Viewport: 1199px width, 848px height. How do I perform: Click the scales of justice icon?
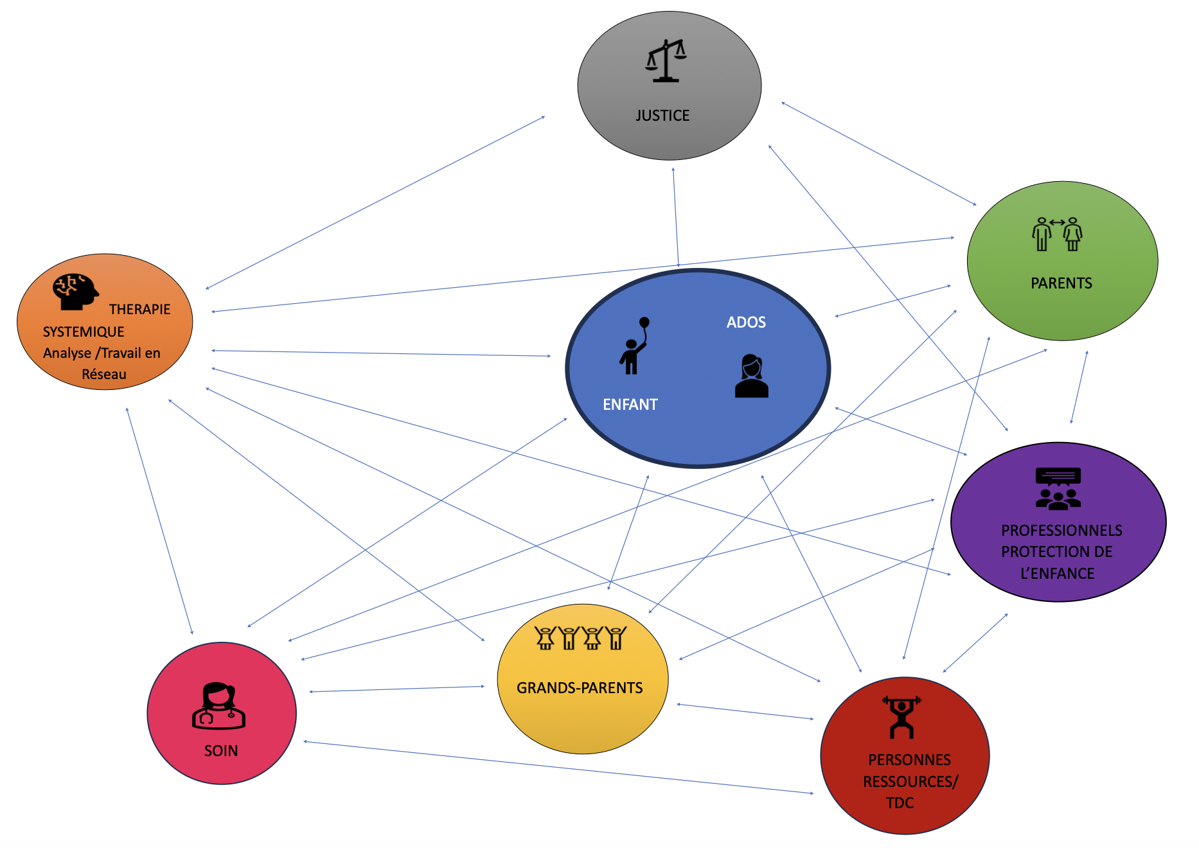pyautogui.click(x=666, y=61)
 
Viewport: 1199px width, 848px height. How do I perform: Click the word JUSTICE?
pyautogui.click(x=662, y=116)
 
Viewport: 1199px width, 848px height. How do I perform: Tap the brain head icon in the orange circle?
pyautogui.click(x=75, y=292)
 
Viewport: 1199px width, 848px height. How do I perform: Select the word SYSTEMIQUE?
pyautogui.click(x=84, y=332)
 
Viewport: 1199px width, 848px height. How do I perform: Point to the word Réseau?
pyautogui.click(x=104, y=375)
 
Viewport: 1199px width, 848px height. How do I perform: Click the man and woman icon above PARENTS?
pyautogui.click(x=1057, y=234)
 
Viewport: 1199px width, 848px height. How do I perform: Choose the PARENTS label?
pyautogui.click(x=1061, y=283)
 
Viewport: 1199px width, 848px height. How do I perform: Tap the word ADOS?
pyautogui.click(x=746, y=322)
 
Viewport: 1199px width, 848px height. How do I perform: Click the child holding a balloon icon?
pyautogui.click(x=634, y=346)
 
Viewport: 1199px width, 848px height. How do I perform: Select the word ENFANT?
pyautogui.click(x=630, y=405)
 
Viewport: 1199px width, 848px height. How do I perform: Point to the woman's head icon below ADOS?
pyautogui.click(x=751, y=376)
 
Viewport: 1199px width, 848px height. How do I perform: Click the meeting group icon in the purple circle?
pyautogui.click(x=1058, y=489)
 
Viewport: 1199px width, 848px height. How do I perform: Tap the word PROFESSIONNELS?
pyautogui.click(x=1061, y=531)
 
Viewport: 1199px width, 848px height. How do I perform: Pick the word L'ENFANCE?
pyautogui.click(x=1057, y=574)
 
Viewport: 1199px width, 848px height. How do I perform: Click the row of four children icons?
pyautogui.click(x=580, y=638)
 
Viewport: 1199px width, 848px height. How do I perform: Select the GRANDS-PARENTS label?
pyautogui.click(x=580, y=688)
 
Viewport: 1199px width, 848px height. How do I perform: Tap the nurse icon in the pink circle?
pyautogui.click(x=218, y=706)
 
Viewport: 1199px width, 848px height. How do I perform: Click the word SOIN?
pyautogui.click(x=221, y=751)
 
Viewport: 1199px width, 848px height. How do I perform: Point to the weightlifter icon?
pyautogui.click(x=901, y=717)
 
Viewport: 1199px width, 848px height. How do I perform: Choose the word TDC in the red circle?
pyautogui.click(x=900, y=803)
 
